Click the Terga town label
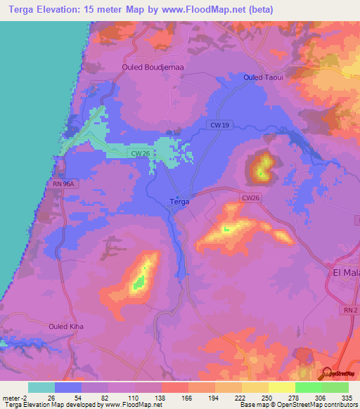coord(180,202)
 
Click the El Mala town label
coord(344,272)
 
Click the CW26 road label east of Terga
coord(251,198)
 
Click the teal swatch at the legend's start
coord(41,387)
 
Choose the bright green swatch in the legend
coord(309,387)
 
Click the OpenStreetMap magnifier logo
coord(327,372)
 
